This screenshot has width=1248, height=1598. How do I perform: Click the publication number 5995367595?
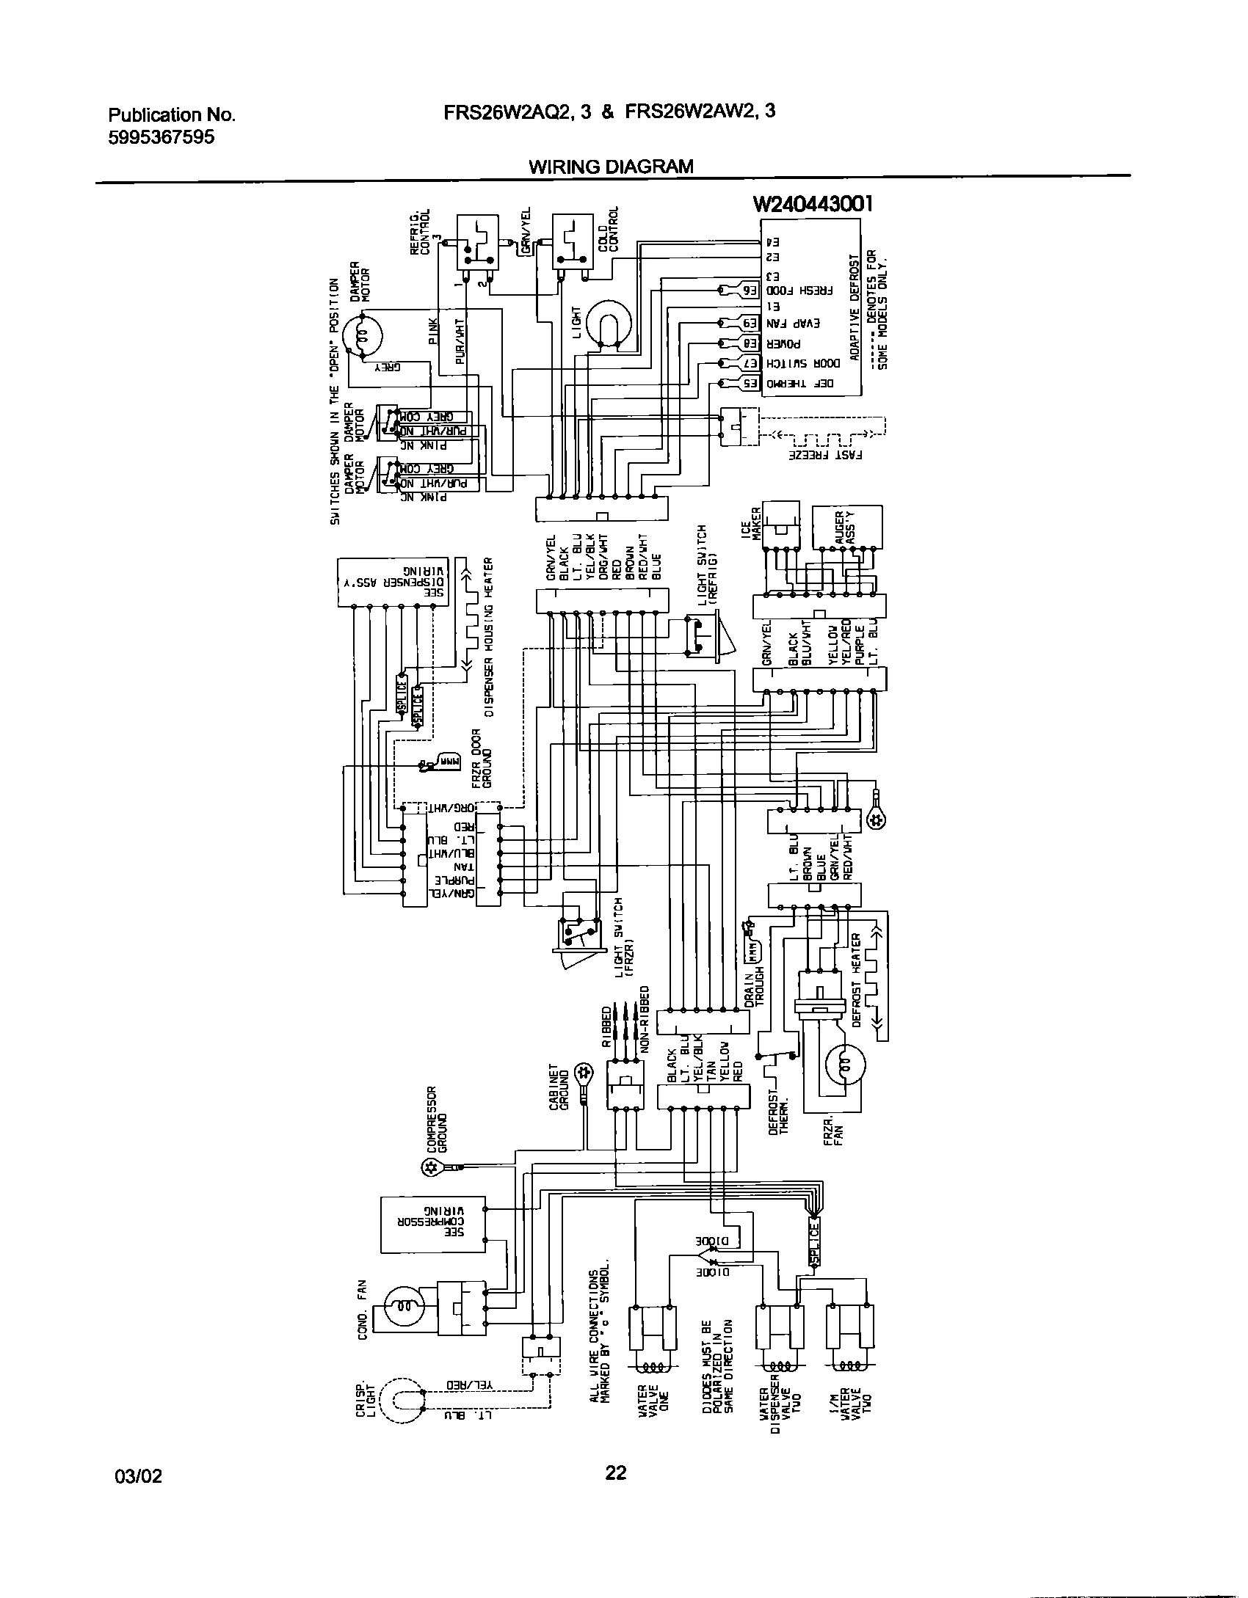tap(162, 137)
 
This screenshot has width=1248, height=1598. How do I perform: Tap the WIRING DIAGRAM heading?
tap(611, 167)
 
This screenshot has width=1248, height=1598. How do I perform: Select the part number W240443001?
tap(813, 204)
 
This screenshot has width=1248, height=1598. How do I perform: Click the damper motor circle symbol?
tap(364, 336)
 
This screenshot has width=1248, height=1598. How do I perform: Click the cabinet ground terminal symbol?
tap(584, 1074)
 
